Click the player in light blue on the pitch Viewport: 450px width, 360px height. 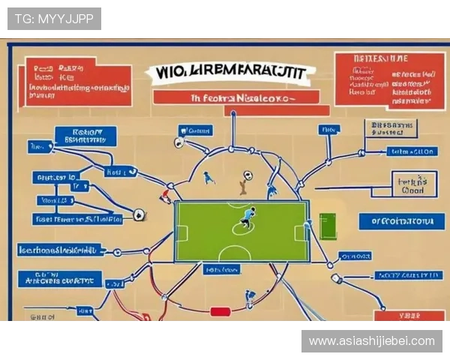[246, 217]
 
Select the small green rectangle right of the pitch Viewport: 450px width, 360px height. [328, 226]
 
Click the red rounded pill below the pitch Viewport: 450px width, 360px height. [220, 311]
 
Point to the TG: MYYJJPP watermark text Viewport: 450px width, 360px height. [54, 18]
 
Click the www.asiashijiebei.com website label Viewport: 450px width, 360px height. [371, 341]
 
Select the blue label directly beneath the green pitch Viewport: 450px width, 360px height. [223, 269]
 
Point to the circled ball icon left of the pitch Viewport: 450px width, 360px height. [139, 215]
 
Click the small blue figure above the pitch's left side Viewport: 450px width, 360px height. [209, 178]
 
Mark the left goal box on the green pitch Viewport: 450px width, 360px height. [181, 232]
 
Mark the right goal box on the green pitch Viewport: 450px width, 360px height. [301, 232]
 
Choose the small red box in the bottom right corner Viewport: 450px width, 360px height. [409, 316]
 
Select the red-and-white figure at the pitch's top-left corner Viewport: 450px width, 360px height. [166, 196]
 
